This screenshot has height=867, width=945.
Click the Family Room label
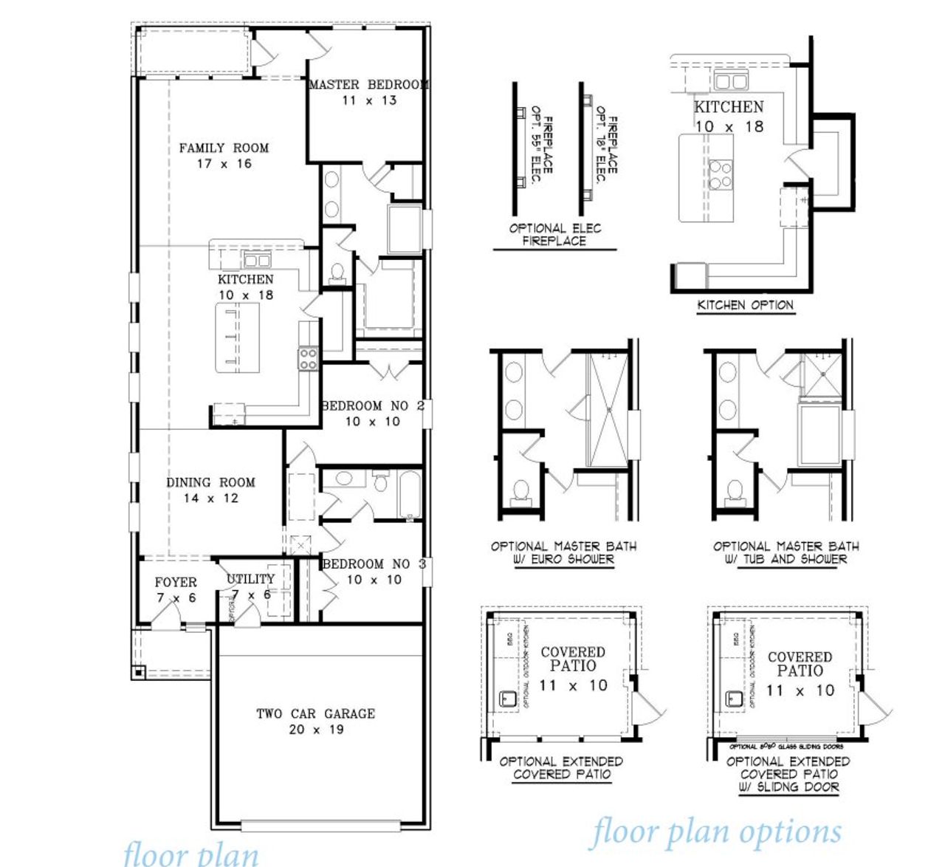coord(224,148)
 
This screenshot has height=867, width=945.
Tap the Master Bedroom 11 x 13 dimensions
coord(368,100)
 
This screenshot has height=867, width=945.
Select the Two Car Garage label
coord(315,713)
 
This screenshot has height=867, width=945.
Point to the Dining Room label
coord(210,482)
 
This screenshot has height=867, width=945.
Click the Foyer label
coord(176,582)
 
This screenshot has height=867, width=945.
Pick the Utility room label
coord(250,579)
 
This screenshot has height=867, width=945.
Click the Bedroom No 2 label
coord(372,405)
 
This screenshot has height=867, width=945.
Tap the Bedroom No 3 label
coord(374,563)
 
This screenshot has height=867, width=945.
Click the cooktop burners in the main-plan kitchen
coord(308,359)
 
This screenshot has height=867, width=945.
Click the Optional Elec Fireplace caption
coord(554,234)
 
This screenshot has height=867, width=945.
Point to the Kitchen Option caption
coord(745,305)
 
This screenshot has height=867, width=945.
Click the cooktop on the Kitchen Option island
coord(720,175)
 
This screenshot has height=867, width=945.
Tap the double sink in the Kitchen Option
coord(730,80)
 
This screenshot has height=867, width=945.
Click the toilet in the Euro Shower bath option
coord(521,490)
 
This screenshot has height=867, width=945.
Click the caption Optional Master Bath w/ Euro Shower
coord(563,552)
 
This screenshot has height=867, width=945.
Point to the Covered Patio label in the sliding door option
coord(800,663)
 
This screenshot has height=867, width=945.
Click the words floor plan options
coord(715,832)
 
